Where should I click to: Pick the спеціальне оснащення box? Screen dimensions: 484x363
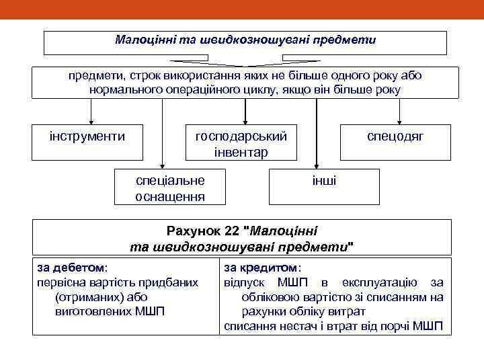[170, 188]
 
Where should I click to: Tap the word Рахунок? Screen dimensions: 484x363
[198, 231]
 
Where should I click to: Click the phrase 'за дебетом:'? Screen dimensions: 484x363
[72, 267]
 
